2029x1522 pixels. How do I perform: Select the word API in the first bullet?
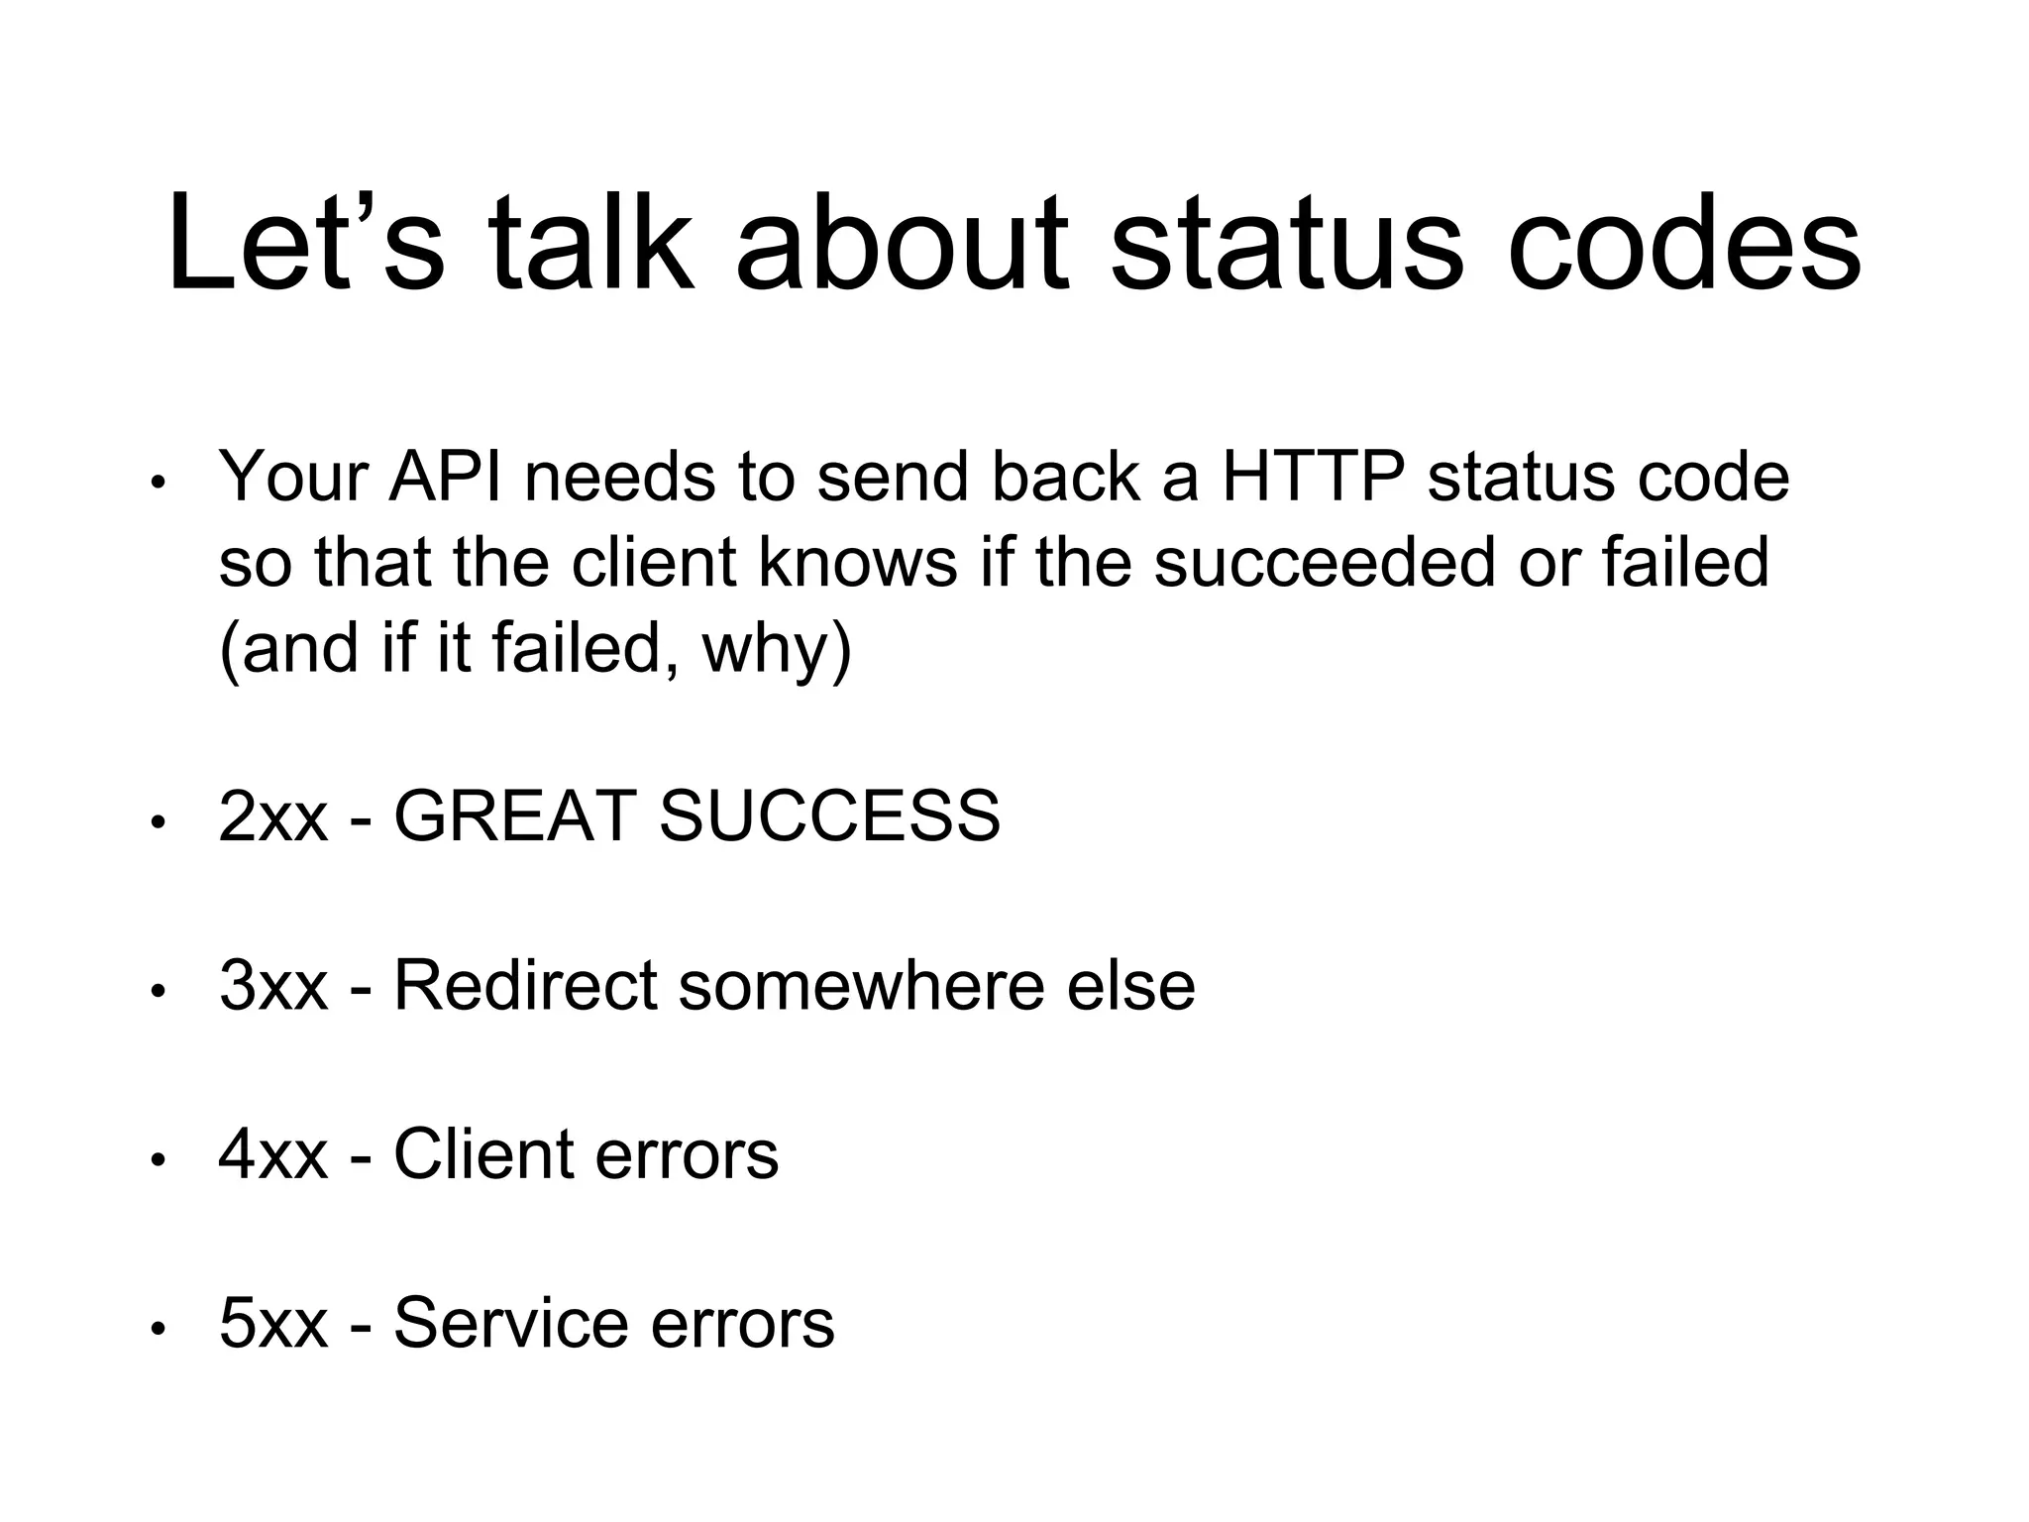(x=452, y=477)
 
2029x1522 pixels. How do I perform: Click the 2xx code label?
(x=272, y=816)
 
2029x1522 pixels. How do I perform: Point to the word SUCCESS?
(x=829, y=816)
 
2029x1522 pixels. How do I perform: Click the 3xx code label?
(x=272, y=986)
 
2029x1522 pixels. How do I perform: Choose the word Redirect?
(x=526, y=986)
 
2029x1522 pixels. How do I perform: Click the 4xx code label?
(x=272, y=1155)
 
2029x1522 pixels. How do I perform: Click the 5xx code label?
(x=272, y=1324)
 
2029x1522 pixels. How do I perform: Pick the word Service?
(x=510, y=1324)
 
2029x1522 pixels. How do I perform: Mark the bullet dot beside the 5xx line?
(x=156, y=1330)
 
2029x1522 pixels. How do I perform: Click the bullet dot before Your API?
(x=156, y=484)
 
